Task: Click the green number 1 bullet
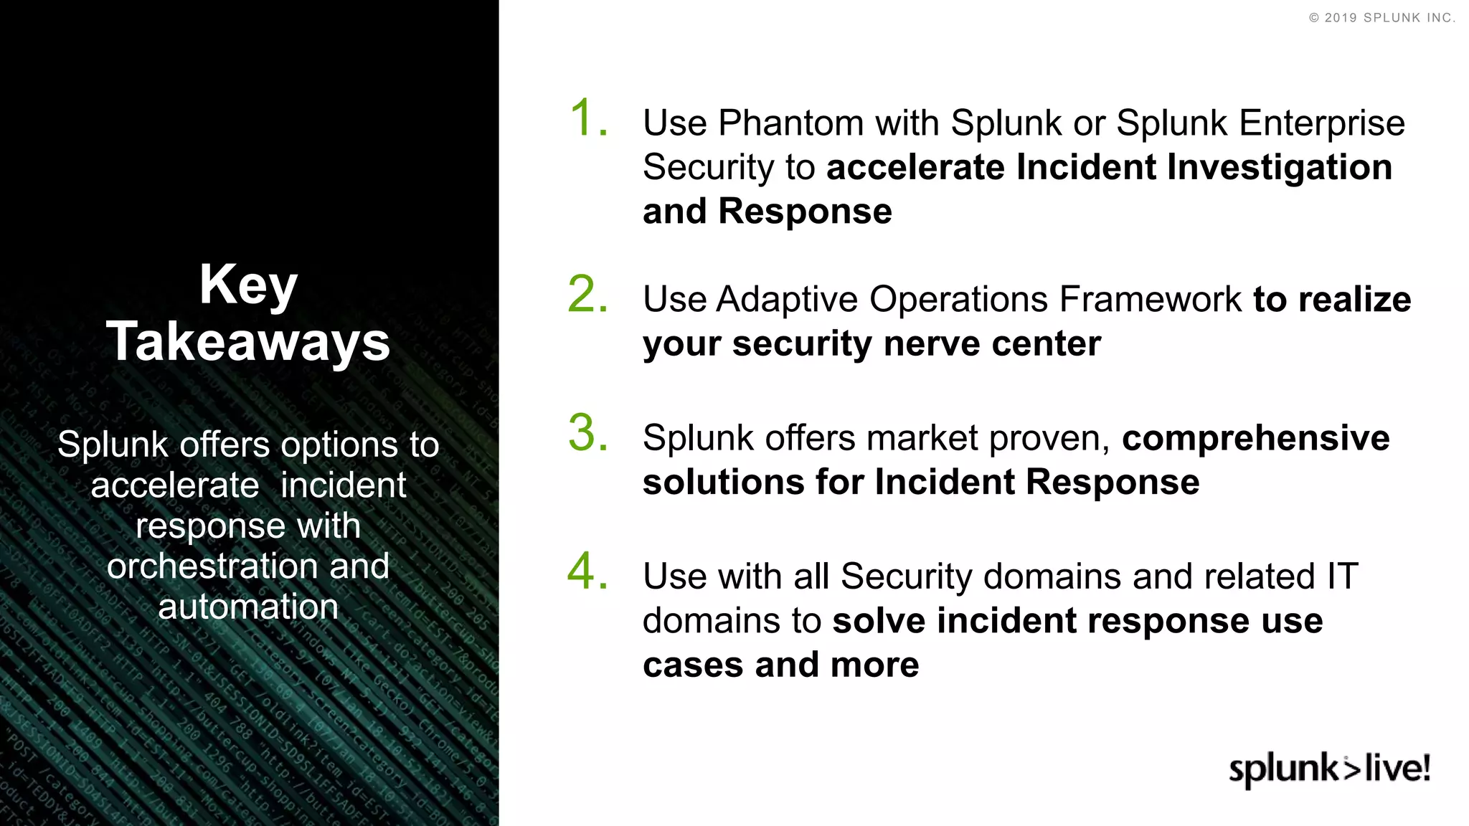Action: pos(587,118)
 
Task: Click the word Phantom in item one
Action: pos(790,123)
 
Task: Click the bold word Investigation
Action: pos(1280,167)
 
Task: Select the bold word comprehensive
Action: pos(1255,438)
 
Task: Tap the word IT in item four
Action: pos(1342,576)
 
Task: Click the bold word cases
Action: pos(692,665)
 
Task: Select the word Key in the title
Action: pos(248,285)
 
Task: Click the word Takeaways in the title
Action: pos(248,341)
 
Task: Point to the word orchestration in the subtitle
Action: pos(212,566)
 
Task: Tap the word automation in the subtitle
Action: pos(248,607)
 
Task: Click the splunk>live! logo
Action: pos(1329,769)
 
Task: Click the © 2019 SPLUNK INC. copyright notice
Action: pos(1381,18)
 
